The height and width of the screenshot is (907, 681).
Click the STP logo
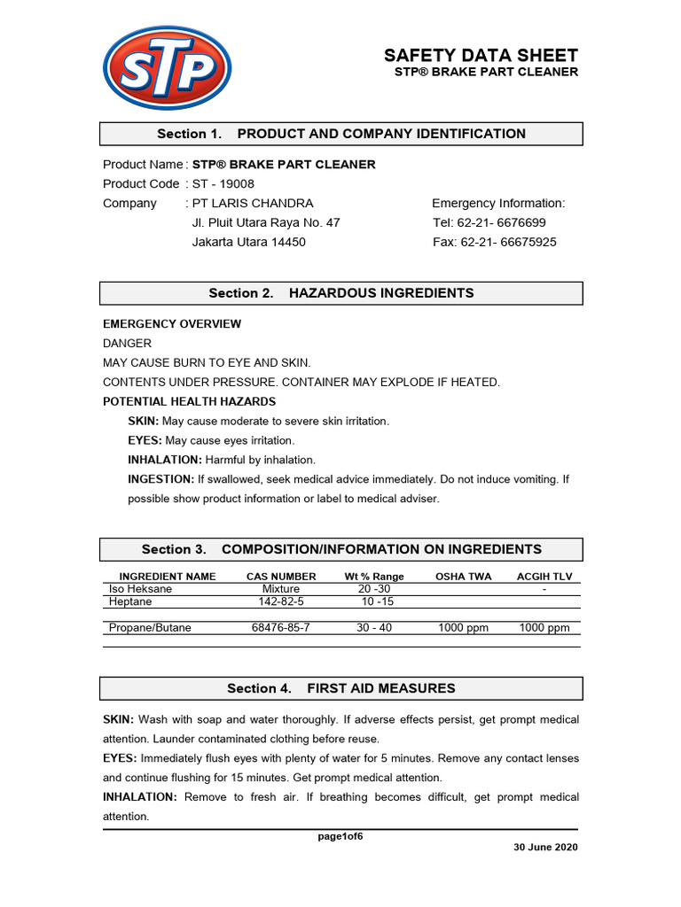coord(168,67)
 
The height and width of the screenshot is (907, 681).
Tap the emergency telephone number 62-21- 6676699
coord(502,222)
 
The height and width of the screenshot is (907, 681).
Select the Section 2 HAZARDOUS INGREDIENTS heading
coord(341,293)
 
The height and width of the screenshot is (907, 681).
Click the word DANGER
coord(128,343)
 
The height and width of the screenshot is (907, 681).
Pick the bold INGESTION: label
coord(161,479)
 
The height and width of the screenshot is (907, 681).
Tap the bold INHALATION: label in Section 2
coord(166,460)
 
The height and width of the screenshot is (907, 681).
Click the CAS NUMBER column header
coord(281,577)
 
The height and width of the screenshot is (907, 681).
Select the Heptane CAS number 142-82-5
coord(281,601)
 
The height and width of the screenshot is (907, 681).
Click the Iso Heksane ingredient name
coord(140,589)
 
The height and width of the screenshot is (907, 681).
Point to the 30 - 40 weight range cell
coord(374,628)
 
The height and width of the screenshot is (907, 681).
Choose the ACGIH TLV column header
coord(544,577)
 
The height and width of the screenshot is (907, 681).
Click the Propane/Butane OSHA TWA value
coord(463,628)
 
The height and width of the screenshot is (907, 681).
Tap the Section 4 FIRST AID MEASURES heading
coord(341,688)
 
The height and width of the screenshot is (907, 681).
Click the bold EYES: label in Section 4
coord(121,758)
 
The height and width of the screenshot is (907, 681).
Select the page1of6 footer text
coord(340,837)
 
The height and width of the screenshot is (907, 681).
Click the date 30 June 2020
coord(545,848)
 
